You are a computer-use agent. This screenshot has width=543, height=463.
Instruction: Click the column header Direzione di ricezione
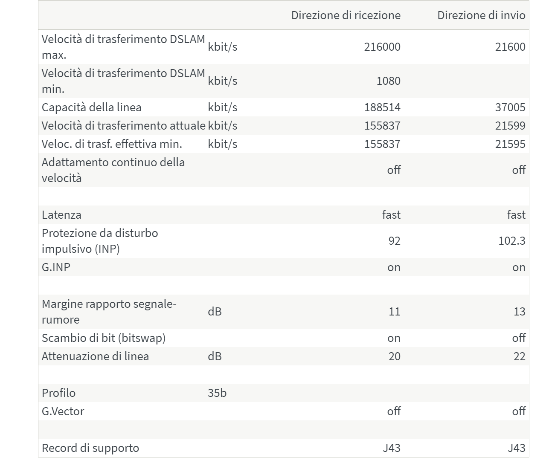tap(346, 15)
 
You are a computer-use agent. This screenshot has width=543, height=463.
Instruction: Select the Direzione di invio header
tap(481, 15)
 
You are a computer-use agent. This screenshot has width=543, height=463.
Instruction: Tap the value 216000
tap(382, 47)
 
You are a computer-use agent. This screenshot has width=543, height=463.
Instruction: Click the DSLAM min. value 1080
tap(388, 81)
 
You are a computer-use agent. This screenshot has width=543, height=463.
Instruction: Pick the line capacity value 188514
tap(382, 107)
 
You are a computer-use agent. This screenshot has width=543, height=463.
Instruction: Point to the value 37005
tap(510, 107)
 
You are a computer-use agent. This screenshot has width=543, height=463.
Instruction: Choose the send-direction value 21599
tap(510, 126)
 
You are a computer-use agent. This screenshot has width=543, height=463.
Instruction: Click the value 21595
tap(510, 144)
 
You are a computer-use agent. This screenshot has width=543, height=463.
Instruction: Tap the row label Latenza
tap(61, 215)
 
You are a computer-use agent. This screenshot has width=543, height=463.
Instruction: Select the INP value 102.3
tap(512, 241)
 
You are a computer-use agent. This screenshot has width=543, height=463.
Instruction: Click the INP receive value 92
tap(394, 241)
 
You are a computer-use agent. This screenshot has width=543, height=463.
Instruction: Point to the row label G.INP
tap(56, 267)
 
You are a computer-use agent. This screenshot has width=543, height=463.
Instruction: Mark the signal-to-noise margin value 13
tap(519, 312)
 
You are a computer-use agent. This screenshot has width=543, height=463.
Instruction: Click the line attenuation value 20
tap(394, 356)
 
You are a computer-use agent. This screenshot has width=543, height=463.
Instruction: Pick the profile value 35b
tap(217, 393)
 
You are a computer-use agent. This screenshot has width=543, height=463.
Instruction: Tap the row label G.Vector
tap(63, 411)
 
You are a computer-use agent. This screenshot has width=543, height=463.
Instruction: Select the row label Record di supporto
tap(90, 448)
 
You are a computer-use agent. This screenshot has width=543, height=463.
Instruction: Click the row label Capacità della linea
tap(91, 107)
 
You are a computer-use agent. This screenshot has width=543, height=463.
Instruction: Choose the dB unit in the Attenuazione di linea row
tap(215, 356)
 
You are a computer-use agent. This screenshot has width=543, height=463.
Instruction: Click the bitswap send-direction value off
tap(519, 338)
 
